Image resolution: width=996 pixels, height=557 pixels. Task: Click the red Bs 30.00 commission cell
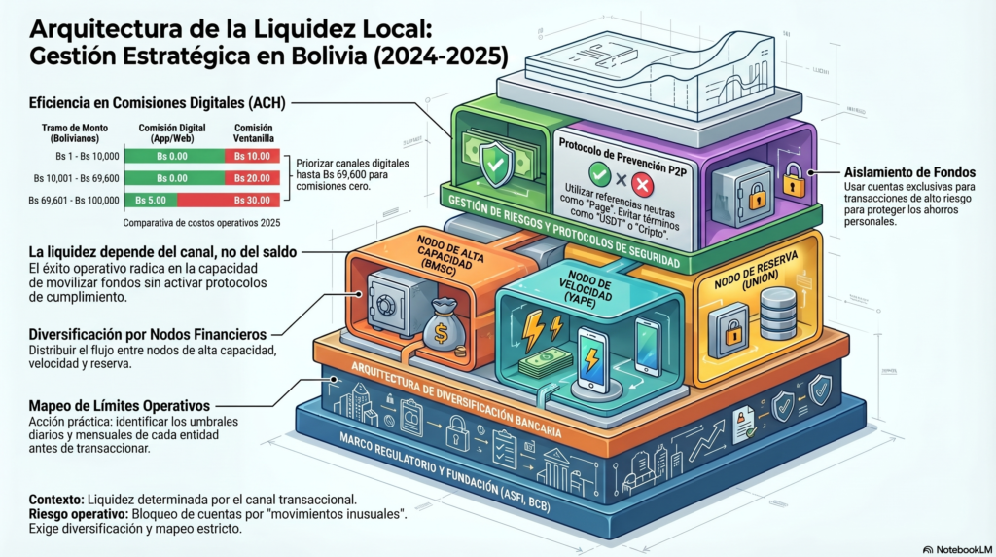point(252,201)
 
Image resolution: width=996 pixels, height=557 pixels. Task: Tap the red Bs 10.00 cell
point(252,156)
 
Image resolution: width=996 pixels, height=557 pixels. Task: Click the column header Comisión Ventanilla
point(253,133)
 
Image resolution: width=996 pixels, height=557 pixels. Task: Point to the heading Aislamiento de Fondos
point(895,171)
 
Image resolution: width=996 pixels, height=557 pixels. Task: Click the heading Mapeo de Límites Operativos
point(119,404)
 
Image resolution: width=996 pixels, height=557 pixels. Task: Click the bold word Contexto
point(55,498)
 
